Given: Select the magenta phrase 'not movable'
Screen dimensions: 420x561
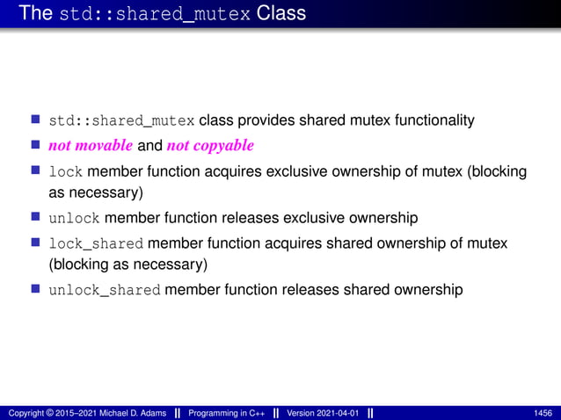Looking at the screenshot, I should click(91, 145).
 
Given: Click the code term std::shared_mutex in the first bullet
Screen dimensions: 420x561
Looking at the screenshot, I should click(122, 121).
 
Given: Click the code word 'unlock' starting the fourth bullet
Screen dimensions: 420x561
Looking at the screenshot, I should click(75, 218).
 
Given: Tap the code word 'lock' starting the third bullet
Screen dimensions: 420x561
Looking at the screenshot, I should click(66, 171).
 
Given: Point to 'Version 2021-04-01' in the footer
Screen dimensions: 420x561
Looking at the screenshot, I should click(323, 413).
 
